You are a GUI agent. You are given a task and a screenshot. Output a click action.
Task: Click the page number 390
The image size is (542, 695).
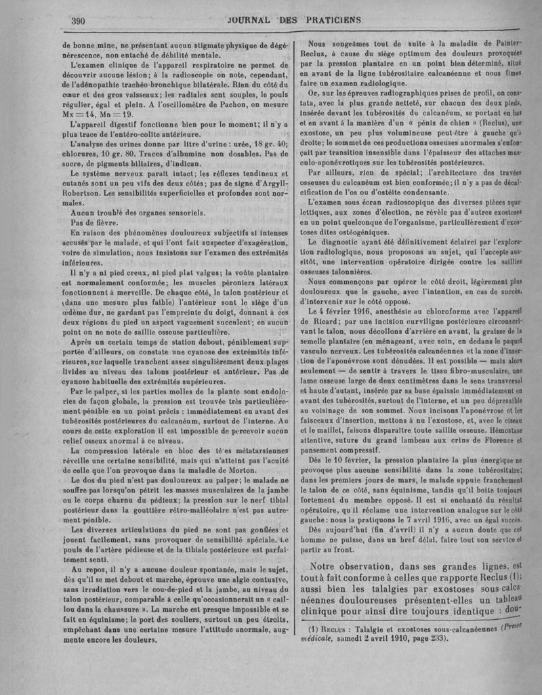point(77,20)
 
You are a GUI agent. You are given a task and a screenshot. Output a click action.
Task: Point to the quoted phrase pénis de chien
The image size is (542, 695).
point(420,124)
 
